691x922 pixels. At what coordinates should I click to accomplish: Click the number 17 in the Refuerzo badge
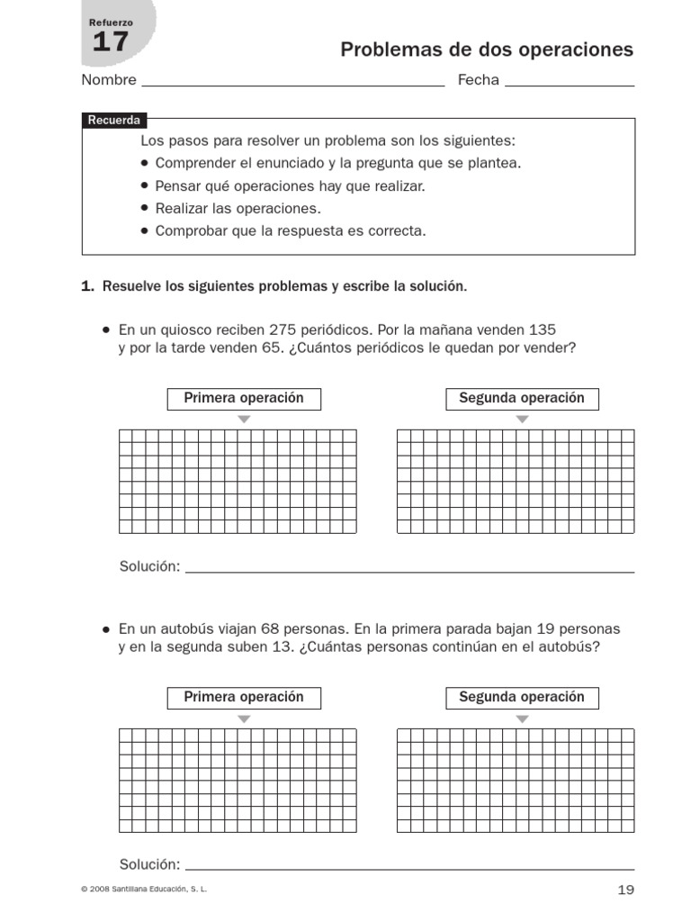[x=111, y=41]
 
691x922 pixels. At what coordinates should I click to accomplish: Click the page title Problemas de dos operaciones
[x=486, y=50]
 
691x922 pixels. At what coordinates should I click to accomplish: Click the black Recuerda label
[x=113, y=121]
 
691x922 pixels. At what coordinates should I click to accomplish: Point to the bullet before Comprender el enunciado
[x=146, y=164]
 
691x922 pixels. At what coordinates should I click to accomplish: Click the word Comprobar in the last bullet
[x=187, y=230]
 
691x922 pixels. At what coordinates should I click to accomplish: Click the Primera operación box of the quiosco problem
[x=244, y=399]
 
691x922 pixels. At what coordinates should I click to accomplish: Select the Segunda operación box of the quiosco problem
[x=522, y=399]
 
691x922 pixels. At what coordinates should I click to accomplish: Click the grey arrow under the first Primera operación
[x=244, y=420]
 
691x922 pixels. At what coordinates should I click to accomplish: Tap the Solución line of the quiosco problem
[x=409, y=568]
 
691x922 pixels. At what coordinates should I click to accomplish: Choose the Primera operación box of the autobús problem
[x=244, y=698]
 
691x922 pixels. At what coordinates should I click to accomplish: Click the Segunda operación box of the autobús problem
[x=522, y=698]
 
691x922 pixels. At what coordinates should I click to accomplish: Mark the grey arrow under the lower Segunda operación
[x=522, y=719]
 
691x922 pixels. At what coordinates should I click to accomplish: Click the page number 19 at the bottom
[x=626, y=890]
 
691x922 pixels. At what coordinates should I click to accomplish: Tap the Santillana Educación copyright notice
[x=144, y=890]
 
